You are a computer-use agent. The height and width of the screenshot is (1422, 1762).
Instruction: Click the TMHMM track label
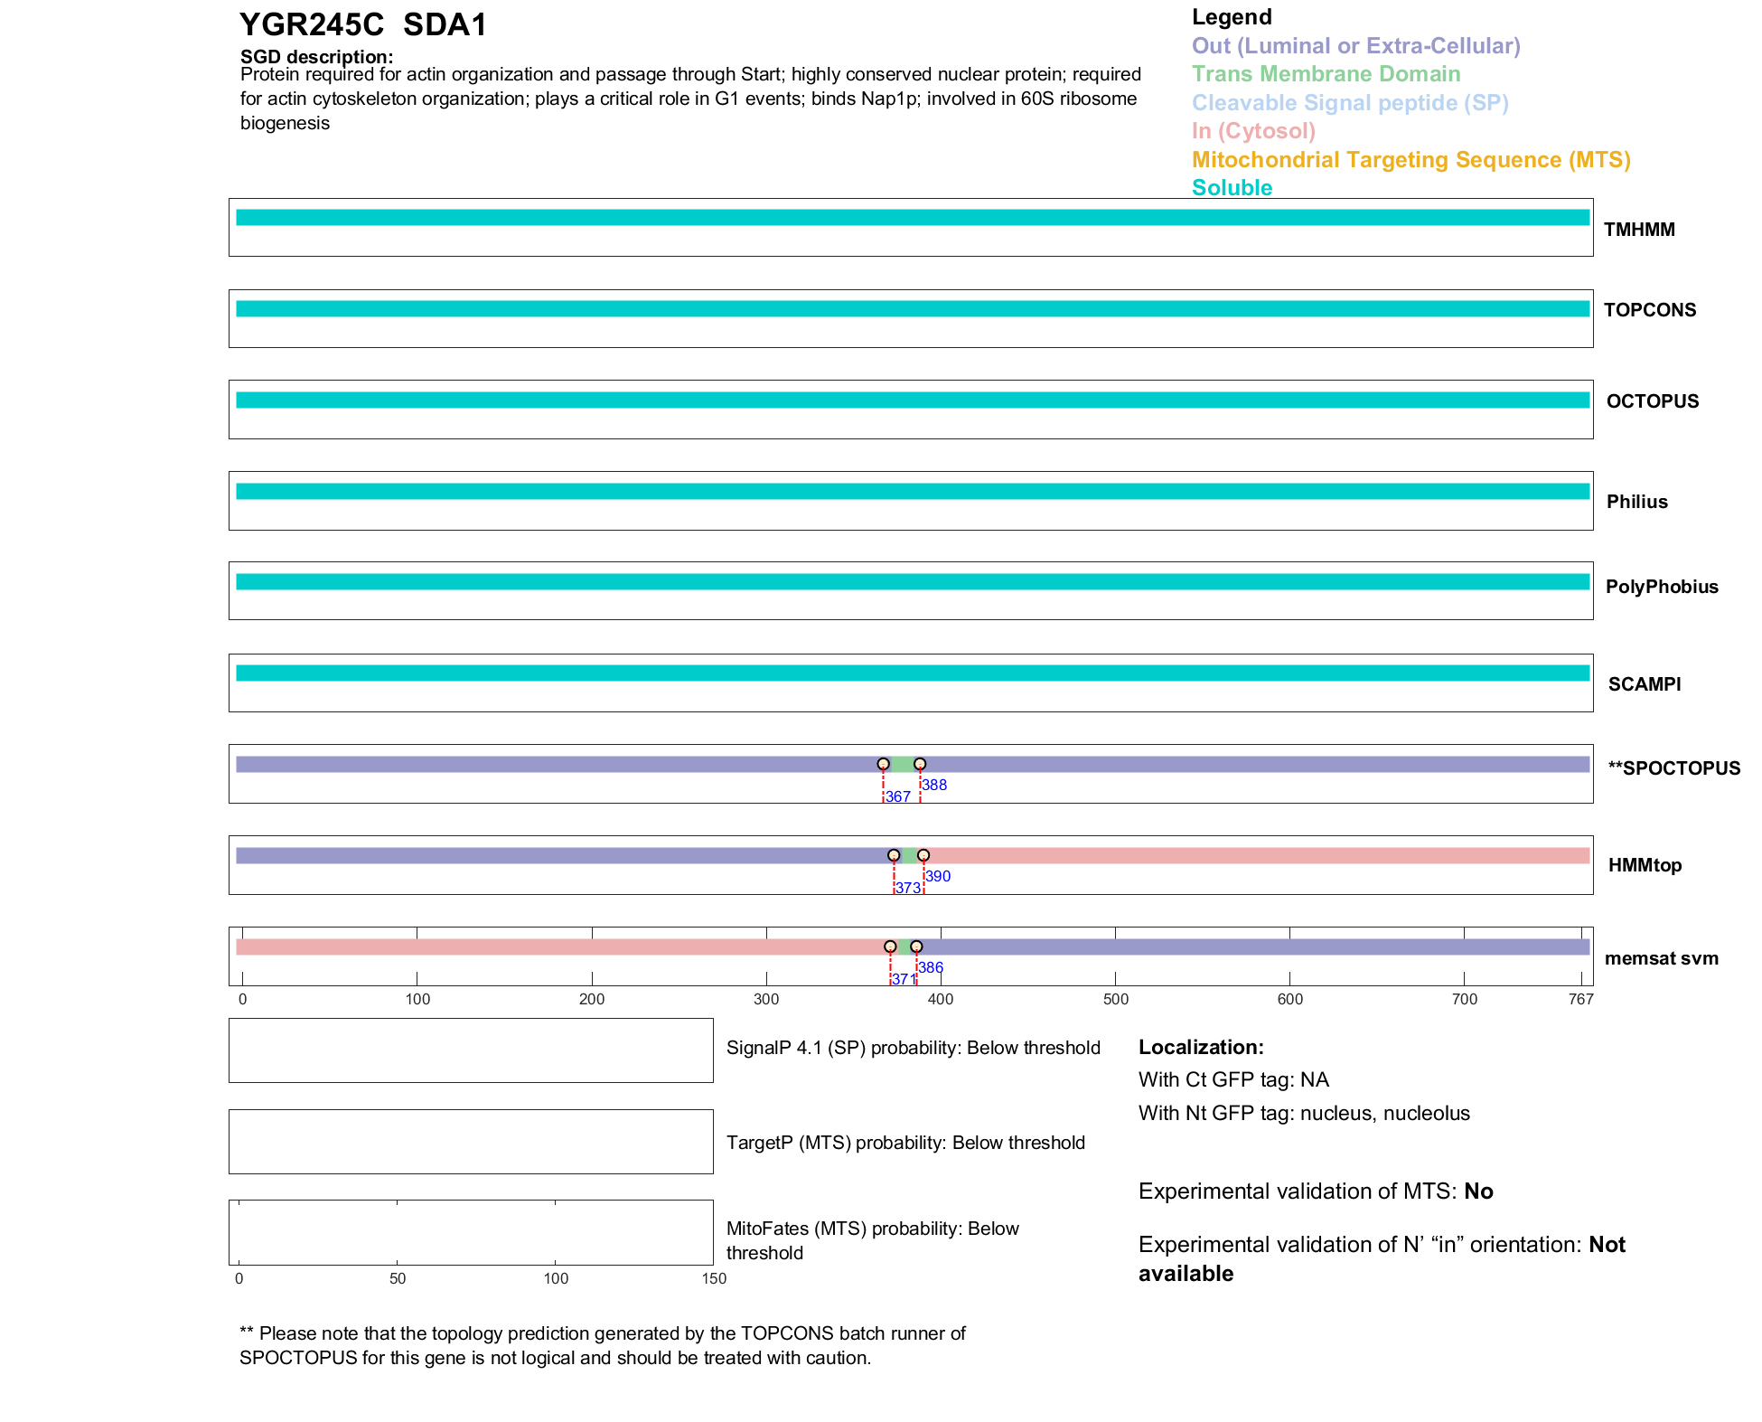tap(1638, 230)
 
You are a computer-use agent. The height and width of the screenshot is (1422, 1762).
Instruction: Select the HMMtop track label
tap(1645, 865)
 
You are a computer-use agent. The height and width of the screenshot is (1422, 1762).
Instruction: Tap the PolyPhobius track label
tap(1661, 587)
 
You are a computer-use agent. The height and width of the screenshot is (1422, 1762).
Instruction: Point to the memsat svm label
tap(1661, 958)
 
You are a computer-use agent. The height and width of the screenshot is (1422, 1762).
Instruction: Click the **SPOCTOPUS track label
tap(1673, 768)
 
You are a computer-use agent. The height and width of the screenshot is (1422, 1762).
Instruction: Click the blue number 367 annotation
tap(897, 796)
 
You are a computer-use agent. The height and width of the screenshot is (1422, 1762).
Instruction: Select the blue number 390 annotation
tap(938, 876)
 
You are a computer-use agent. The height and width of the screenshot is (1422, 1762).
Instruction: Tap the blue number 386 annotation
tap(931, 967)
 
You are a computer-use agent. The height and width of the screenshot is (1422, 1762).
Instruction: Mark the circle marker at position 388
tap(920, 764)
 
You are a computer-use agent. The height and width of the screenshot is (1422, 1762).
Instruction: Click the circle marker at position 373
tap(894, 855)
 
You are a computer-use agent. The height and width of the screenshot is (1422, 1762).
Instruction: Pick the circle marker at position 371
tap(890, 946)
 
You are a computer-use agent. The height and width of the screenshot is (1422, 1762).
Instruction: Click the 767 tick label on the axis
tap(1581, 999)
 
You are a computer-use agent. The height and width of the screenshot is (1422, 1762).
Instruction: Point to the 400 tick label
tap(941, 999)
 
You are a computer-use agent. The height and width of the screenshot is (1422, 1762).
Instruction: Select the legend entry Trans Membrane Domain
tap(1326, 74)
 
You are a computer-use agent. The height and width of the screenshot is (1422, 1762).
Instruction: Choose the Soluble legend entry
tap(1232, 188)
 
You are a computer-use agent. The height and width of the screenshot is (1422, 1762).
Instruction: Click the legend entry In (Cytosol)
tap(1253, 131)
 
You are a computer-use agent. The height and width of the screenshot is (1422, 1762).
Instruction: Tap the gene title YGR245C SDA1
tap(363, 25)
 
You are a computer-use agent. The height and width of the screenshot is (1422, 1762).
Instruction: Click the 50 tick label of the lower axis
tap(398, 1278)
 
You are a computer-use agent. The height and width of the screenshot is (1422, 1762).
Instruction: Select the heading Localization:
tap(1201, 1047)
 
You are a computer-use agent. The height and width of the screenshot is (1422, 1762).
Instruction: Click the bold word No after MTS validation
tap(1478, 1191)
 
